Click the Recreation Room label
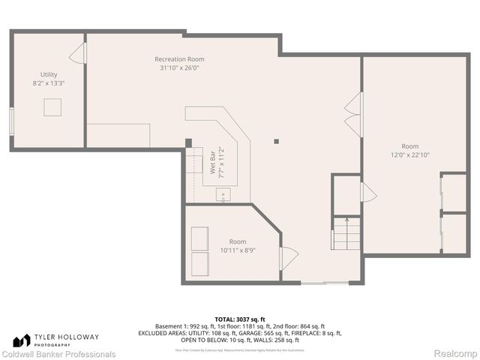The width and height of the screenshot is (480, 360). coord(179,59)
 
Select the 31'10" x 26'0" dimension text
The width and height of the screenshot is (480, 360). coord(179,68)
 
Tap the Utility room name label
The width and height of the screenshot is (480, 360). coord(49,74)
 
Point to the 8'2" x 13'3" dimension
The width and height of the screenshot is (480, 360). coord(49,83)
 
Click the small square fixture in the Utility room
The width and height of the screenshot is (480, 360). coord(52,108)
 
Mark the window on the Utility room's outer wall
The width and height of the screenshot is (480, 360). coord(11,121)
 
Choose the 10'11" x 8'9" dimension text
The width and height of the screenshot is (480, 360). coord(237,250)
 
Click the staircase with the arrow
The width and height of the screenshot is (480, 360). coord(347,234)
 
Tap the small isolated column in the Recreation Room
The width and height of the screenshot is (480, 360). coord(277,140)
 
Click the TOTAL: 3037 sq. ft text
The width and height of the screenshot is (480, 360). coord(240,319)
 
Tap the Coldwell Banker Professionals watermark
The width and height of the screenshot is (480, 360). coord(58,354)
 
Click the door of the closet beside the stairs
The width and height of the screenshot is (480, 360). coord(367,193)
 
